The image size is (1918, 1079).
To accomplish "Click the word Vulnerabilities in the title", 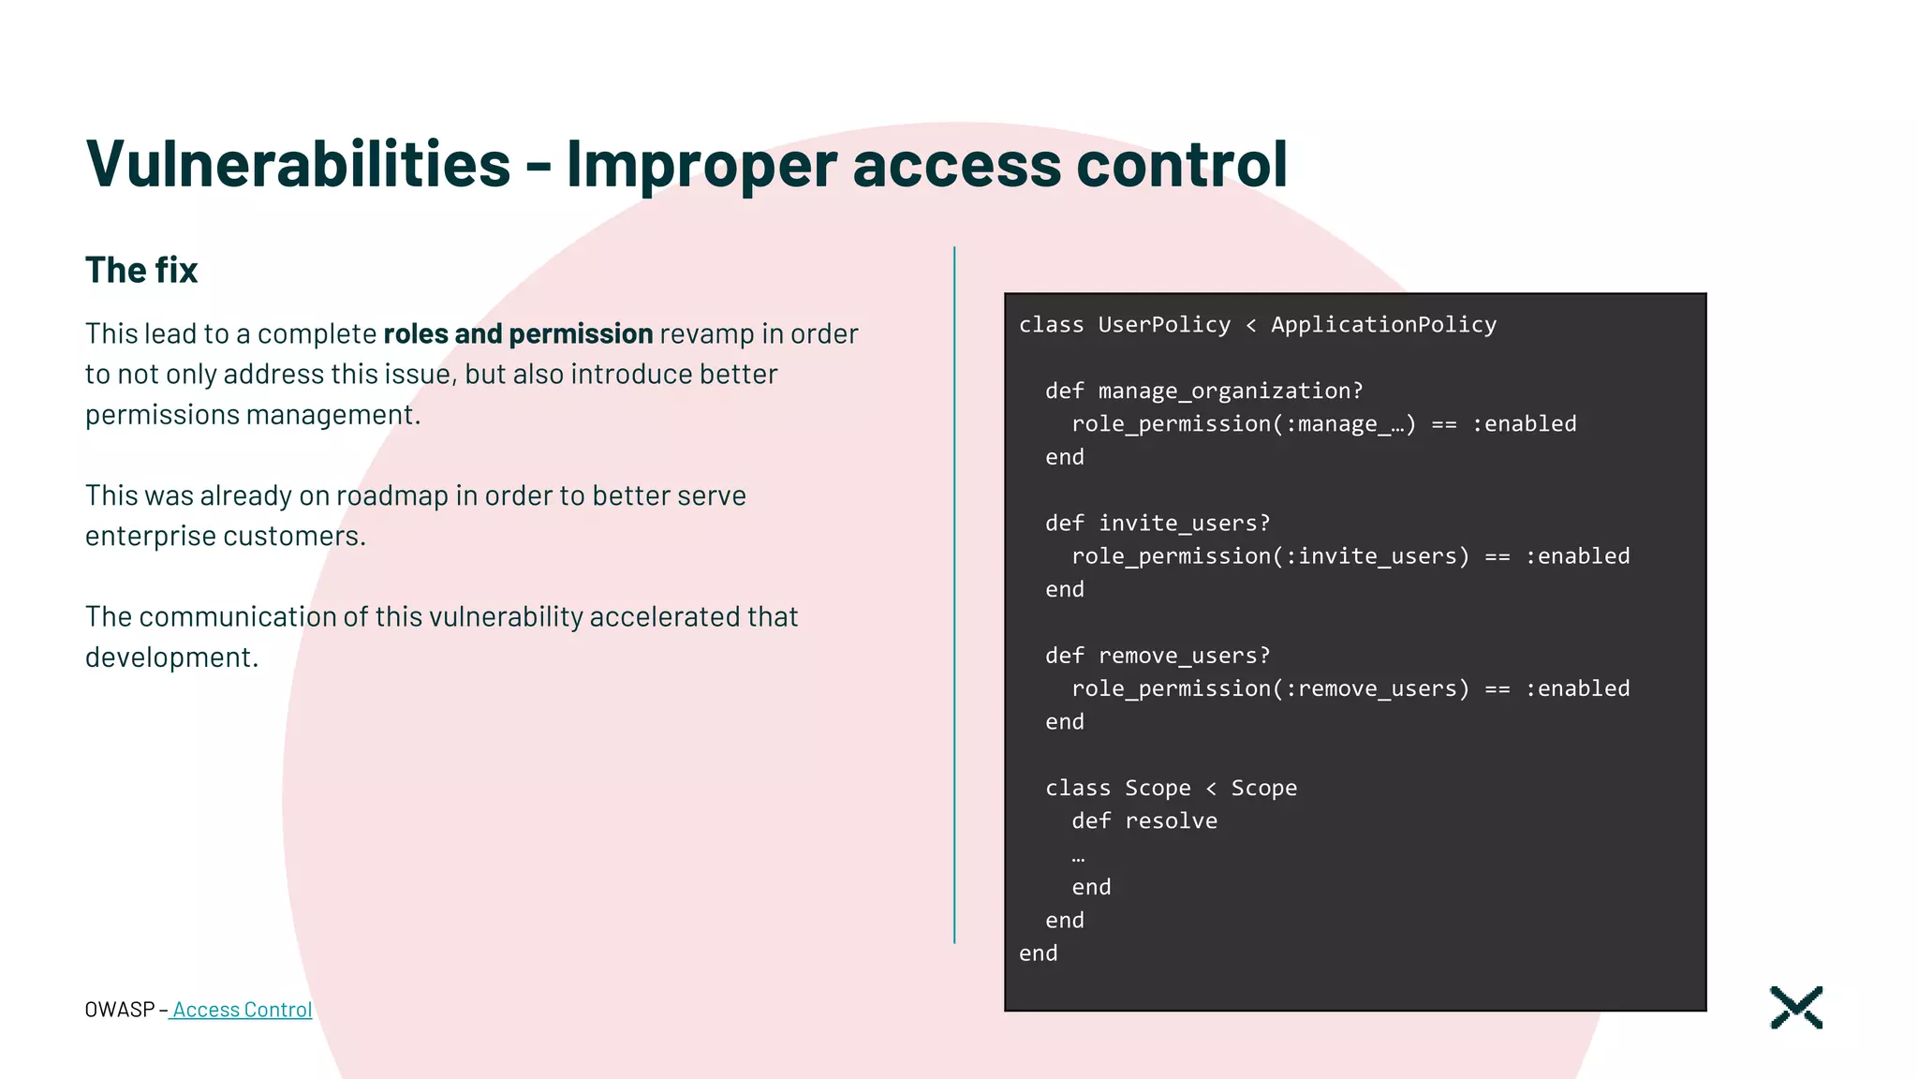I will [x=298, y=165].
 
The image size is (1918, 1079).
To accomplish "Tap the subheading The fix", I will [x=141, y=271].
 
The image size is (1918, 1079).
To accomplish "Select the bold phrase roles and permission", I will [x=518, y=334].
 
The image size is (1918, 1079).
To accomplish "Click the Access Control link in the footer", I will [x=242, y=1010].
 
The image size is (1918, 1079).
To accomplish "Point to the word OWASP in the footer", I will [x=119, y=1010].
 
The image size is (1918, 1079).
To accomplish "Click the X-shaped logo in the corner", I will [x=1796, y=1008].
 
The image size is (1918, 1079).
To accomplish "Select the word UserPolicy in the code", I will [x=1164, y=325].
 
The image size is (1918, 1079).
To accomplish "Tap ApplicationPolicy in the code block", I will [x=1383, y=325].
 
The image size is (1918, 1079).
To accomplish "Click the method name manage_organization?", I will [x=1231, y=391].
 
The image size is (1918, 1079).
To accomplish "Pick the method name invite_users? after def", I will [x=1184, y=523].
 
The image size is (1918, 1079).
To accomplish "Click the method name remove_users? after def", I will [x=1184, y=656].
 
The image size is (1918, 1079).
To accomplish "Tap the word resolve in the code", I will [x=1171, y=821].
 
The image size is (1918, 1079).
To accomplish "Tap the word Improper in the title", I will [x=701, y=165].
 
